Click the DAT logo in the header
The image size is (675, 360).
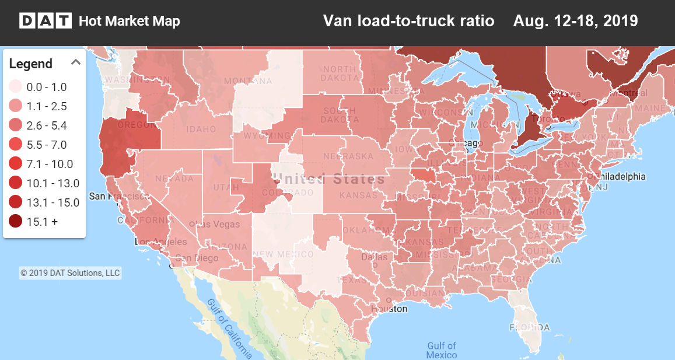pyautogui.click(x=46, y=22)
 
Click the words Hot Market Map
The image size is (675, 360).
pyautogui.click(x=129, y=22)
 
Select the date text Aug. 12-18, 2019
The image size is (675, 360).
pyautogui.click(x=575, y=21)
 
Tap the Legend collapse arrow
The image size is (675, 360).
pyautogui.click(x=75, y=62)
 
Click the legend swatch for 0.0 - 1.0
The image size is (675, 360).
pyautogui.click(x=16, y=87)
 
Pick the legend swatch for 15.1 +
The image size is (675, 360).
pyautogui.click(x=16, y=221)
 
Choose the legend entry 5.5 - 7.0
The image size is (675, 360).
pyautogui.click(x=47, y=145)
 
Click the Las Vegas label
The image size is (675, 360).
pyautogui.click(x=218, y=224)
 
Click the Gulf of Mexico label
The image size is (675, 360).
pyautogui.click(x=442, y=350)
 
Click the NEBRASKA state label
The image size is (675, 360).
pyautogui.click(x=348, y=156)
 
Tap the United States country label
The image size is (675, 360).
pyautogui.click(x=328, y=179)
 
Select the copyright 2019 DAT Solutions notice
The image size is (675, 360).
pyautogui.click(x=70, y=272)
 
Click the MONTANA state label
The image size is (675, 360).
pyautogui.click(x=240, y=81)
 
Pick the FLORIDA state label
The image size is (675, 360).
pyautogui.click(x=531, y=327)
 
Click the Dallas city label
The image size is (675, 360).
pyautogui.click(x=373, y=257)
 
